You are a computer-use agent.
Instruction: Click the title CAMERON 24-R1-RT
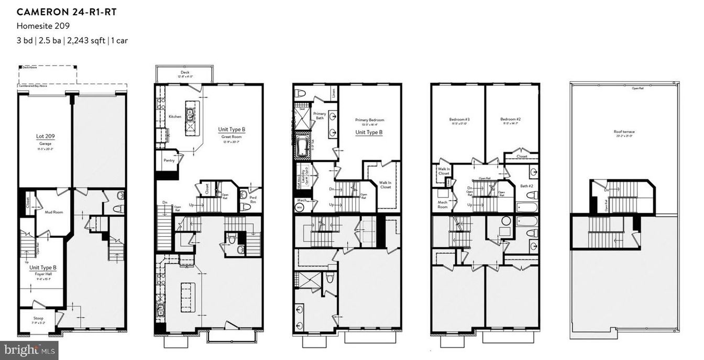click(x=65, y=12)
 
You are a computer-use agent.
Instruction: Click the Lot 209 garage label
click(x=45, y=136)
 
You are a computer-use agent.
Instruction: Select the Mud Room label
click(x=54, y=212)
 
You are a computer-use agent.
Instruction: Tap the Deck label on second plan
click(x=184, y=72)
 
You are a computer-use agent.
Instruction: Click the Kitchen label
click(x=175, y=116)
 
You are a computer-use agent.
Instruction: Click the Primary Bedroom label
click(x=369, y=120)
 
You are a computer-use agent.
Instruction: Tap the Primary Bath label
click(x=320, y=116)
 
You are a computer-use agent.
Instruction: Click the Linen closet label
click(x=334, y=93)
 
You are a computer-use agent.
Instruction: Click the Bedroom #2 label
click(x=511, y=119)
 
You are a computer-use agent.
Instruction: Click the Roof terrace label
click(x=623, y=132)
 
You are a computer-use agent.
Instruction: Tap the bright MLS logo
click(x=29, y=350)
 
